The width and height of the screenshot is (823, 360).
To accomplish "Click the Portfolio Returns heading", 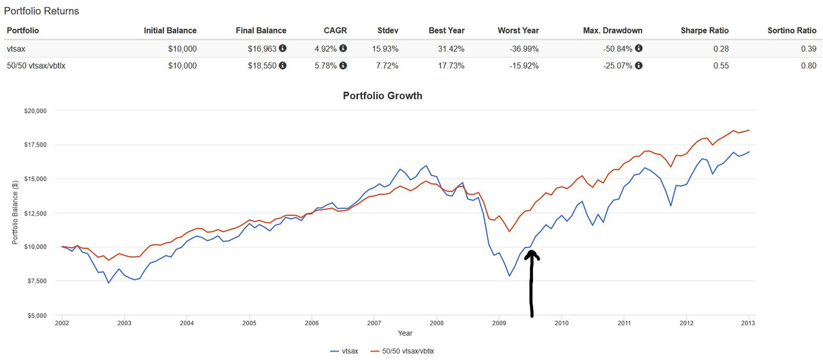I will point(42,12).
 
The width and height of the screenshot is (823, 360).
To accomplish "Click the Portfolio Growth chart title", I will point(383,96).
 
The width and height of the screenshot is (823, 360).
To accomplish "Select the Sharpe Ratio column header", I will point(705,30).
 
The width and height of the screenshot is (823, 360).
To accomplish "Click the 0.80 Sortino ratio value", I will point(808,66).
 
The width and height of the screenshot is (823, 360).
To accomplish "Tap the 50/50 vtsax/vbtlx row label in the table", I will point(36,66).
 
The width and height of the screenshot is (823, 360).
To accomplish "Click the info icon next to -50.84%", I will point(638,48).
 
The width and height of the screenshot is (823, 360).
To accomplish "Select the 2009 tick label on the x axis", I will point(499,323).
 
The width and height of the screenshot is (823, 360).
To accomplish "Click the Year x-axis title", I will point(405,334).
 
